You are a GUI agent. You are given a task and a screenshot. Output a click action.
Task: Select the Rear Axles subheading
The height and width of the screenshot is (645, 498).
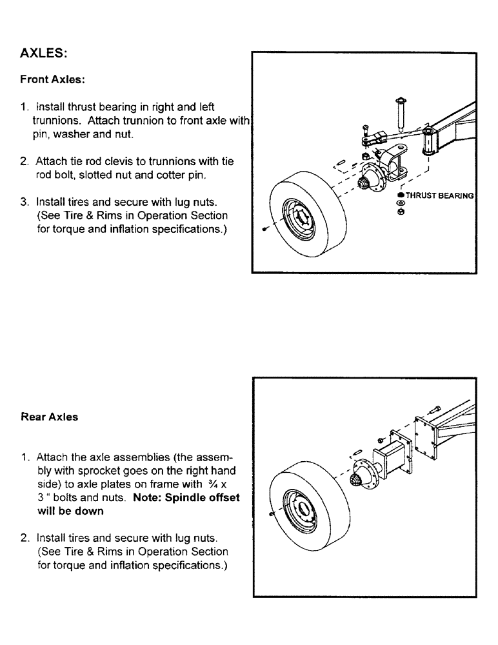(49, 417)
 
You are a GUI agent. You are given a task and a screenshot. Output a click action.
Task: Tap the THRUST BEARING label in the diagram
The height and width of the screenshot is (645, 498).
(439, 195)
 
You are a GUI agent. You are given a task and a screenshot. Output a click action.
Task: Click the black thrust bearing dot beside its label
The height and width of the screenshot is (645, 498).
(401, 195)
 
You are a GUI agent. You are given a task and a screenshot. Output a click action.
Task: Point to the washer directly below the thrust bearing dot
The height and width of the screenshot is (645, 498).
(401, 203)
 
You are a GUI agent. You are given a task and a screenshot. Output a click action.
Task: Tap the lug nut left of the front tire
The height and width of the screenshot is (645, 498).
(265, 229)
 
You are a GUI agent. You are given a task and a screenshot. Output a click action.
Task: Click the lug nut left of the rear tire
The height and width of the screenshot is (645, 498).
(270, 513)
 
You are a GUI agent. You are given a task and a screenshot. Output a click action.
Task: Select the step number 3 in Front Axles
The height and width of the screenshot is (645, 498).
(24, 201)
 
